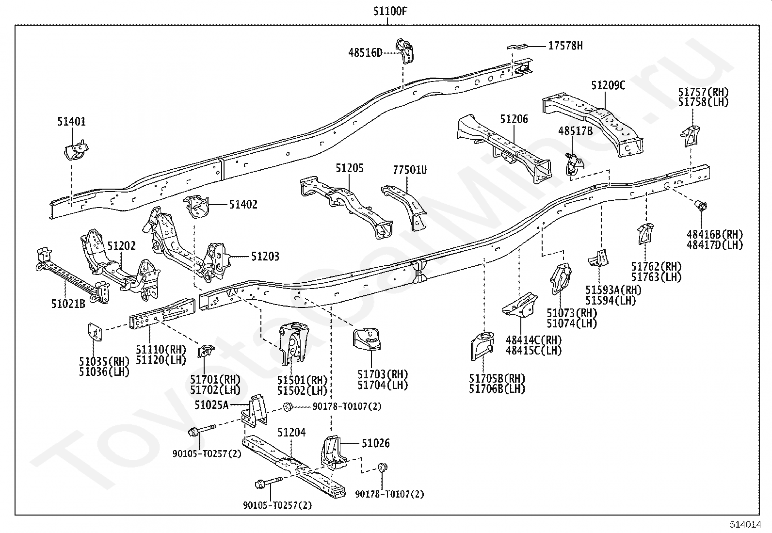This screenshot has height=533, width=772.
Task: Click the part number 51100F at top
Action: [390, 11]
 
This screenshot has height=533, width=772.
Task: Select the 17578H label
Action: [565, 46]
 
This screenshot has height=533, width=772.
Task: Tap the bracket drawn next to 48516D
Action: [404, 50]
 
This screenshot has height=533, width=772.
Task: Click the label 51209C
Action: [608, 85]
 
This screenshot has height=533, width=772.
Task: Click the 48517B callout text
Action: [575, 131]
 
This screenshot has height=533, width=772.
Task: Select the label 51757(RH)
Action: [704, 92]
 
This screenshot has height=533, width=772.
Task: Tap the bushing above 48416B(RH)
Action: [701, 206]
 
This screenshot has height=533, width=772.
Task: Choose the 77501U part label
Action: [410, 170]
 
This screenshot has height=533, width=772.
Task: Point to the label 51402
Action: [243, 205]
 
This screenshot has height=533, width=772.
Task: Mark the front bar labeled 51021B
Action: [72, 275]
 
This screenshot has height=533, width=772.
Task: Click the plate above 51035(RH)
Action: [95, 332]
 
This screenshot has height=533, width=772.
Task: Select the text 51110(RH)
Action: [161, 350]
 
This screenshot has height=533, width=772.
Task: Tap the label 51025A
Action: [211, 405]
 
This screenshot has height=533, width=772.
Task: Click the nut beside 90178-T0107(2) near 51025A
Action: [288, 407]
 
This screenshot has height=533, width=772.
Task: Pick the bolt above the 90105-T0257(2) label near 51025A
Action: [202, 430]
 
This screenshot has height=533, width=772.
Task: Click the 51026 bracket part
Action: [334, 452]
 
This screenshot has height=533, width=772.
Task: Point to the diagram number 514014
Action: [745, 524]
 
